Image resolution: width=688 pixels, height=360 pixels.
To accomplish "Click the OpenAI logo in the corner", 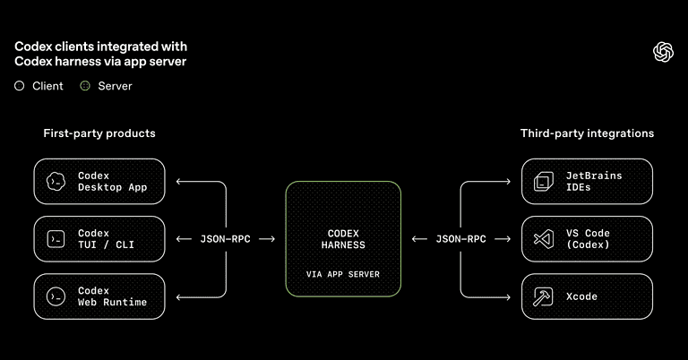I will pyautogui.click(x=663, y=53).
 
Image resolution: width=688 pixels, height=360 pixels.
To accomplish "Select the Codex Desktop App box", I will pyautogui.click(x=99, y=182).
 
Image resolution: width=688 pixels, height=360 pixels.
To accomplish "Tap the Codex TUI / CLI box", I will pyautogui.click(x=99, y=239).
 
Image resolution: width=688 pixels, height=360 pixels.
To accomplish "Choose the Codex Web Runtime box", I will pyautogui.click(x=99, y=296).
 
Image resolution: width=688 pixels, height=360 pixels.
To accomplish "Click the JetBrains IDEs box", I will pyautogui.click(x=587, y=182).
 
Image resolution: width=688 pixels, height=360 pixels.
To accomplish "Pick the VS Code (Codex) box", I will pyautogui.click(x=587, y=239).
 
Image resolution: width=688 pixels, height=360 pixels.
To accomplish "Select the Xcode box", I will pyautogui.click(x=587, y=296).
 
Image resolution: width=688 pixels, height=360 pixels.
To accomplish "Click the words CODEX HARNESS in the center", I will pyautogui.click(x=343, y=239).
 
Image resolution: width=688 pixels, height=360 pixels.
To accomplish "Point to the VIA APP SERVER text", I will pyautogui.click(x=343, y=272).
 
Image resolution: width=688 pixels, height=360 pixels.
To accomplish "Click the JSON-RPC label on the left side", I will pyautogui.click(x=225, y=239).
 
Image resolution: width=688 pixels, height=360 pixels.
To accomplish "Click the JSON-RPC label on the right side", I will pyautogui.click(x=460, y=239).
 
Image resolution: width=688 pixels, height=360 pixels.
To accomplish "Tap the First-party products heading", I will pyautogui.click(x=99, y=133).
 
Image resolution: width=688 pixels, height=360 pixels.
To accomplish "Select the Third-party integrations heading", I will pyautogui.click(x=587, y=133).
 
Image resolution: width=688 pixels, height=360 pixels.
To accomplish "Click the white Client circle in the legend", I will pyautogui.click(x=20, y=86).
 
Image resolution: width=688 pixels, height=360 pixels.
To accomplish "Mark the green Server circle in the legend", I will pyautogui.click(x=85, y=86).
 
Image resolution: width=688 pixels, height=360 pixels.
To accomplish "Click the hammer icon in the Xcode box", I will pyautogui.click(x=541, y=296).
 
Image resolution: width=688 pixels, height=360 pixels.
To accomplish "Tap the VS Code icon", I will pyautogui.click(x=541, y=239).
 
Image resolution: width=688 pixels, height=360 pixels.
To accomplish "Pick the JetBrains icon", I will pyautogui.click(x=541, y=182).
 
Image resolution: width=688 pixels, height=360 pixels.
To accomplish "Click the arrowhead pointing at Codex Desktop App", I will pyautogui.click(x=179, y=182).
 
